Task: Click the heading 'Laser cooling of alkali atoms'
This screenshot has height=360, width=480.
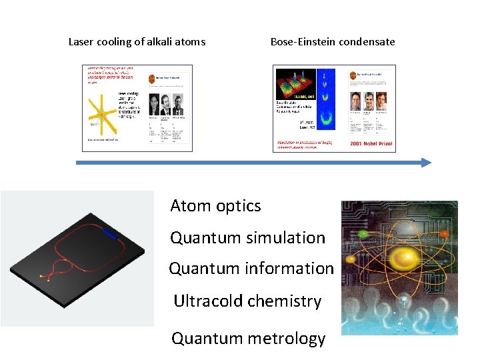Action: (137, 42)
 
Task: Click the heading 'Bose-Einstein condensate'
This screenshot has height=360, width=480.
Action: (332, 42)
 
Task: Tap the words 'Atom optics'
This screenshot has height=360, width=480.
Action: (215, 206)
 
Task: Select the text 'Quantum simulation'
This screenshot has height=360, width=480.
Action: (247, 237)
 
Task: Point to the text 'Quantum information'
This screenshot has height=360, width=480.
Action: (251, 269)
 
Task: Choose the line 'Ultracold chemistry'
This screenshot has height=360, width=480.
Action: (247, 301)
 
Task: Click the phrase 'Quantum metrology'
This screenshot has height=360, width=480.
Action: (248, 339)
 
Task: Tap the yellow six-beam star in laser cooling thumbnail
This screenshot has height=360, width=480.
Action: (101, 114)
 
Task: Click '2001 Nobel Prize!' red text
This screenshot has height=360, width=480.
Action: (371, 143)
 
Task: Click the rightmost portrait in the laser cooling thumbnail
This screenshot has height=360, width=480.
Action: (177, 103)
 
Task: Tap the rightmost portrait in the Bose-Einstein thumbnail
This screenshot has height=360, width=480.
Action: (381, 101)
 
